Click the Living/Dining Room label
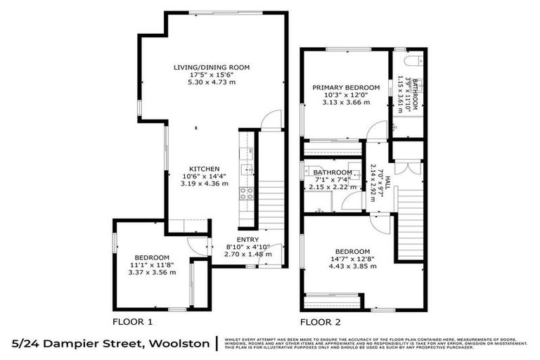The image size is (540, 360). [212, 67]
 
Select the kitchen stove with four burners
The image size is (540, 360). [245, 194]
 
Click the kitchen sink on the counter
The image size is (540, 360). [245, 169]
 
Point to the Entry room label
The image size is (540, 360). [247, 240]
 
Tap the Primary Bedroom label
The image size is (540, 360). [346, 88]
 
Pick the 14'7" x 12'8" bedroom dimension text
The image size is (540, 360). [352, 259]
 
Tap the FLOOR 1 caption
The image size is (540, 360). [133, 322]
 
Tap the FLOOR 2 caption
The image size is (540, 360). [321, 322]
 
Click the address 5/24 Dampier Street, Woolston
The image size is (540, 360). [110, 343]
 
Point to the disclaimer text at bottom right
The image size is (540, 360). [377, 343]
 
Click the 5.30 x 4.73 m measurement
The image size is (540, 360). [212, 82]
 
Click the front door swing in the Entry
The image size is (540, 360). [271, 253]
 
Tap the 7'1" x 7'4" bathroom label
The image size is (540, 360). [333, 179]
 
